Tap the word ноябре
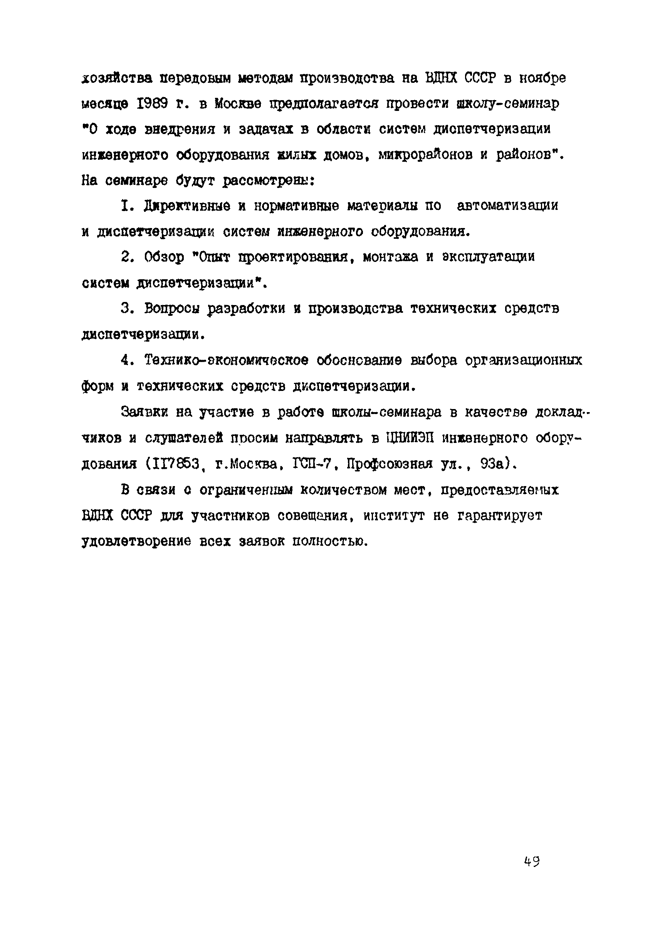point(542,78)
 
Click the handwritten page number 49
point(532,861)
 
